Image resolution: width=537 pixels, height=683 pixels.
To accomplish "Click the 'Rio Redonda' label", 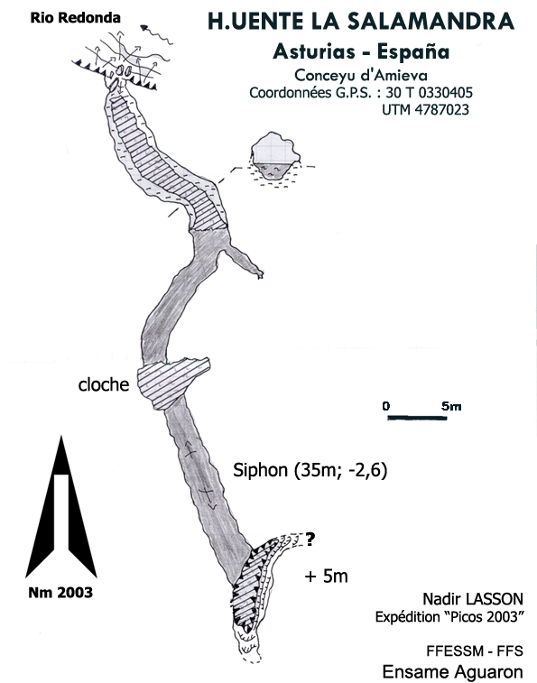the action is click(75, 18).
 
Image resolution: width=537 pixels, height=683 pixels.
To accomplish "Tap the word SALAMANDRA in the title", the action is click(431, 22).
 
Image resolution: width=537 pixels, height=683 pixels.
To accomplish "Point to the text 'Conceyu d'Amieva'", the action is click(361, 76).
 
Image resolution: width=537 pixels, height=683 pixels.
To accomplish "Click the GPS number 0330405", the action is click(445, 93).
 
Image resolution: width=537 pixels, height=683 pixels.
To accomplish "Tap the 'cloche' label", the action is click(104, 384).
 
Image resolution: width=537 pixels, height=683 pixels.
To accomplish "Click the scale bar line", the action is click(417, 418).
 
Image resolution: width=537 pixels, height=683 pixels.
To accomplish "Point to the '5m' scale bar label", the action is click(451, 406).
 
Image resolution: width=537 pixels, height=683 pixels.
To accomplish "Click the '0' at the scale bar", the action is click(385, 406).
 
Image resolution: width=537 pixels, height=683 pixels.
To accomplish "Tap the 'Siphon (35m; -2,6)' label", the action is click(310, 470).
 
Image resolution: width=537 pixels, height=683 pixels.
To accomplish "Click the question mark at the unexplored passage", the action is click(310, 540).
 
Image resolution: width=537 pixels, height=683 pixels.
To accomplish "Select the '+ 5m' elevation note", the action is click(326, 577).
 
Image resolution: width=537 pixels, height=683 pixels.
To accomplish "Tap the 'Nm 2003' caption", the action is click(60, 593).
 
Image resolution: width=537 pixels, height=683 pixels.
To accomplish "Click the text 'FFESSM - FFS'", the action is click(475, 651).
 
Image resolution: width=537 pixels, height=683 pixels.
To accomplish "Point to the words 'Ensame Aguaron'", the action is click(452, 671).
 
